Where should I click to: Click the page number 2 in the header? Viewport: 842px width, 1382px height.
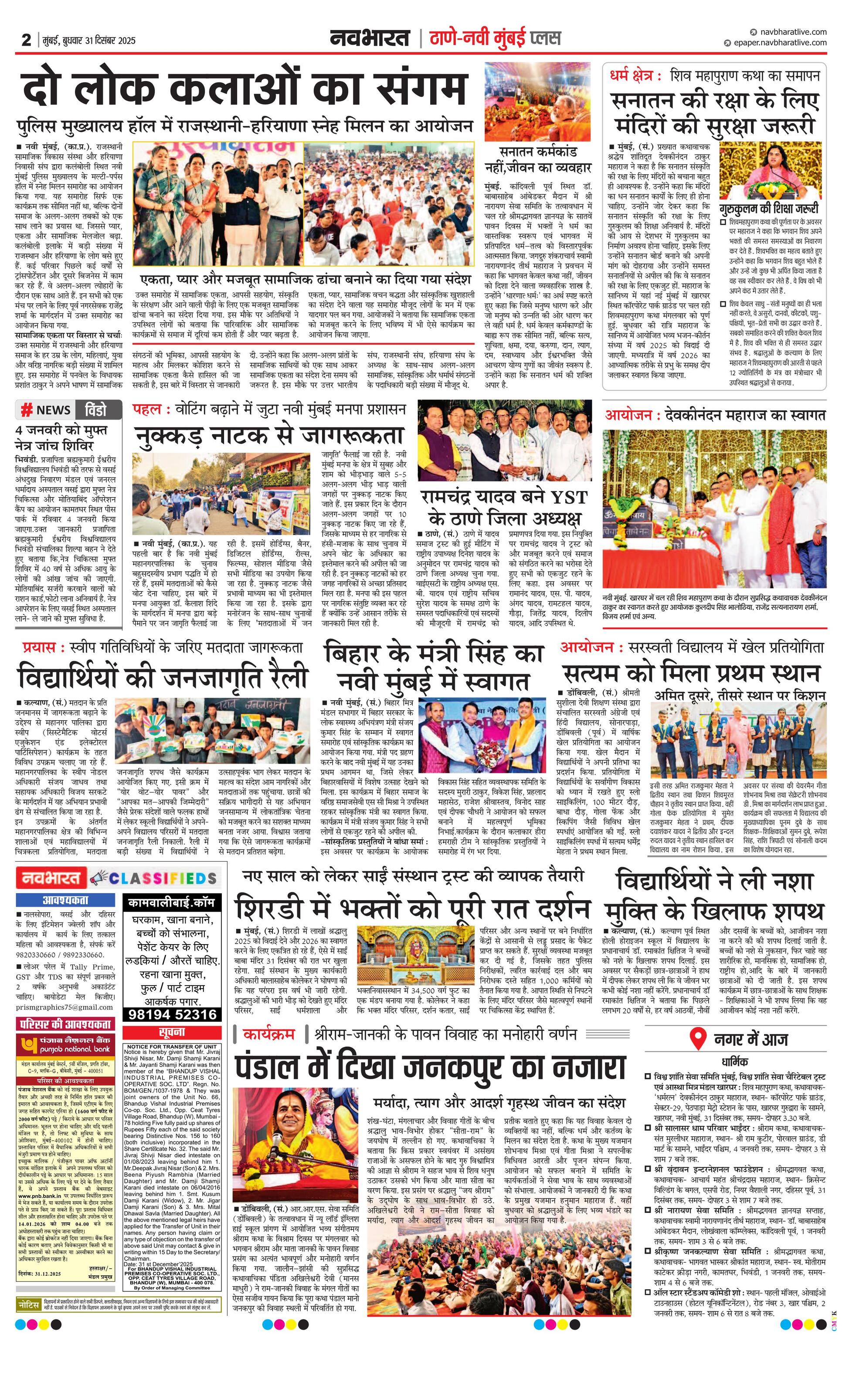click(26, 40)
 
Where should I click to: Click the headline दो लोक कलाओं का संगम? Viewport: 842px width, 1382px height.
click(244, 88)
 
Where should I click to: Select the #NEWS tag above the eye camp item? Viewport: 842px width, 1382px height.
click(45, 410)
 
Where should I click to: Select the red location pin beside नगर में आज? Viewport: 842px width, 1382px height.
click(698, 1039)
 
